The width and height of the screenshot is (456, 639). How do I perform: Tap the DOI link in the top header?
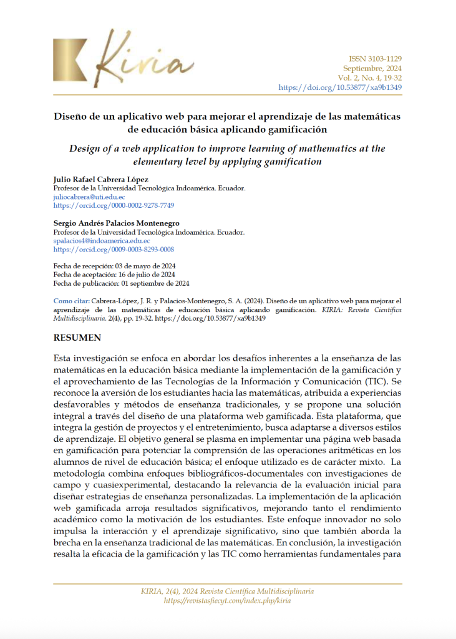pos(340,87)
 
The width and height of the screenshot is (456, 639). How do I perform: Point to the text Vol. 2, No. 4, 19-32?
pos(369,78)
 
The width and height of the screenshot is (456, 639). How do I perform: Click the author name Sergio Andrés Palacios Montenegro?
pos(116,223)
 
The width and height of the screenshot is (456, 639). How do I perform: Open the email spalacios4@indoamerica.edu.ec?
pos(102,240)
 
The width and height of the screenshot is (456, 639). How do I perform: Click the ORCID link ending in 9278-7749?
pos(114,205)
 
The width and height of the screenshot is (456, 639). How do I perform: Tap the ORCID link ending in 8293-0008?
pos(114,249)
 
